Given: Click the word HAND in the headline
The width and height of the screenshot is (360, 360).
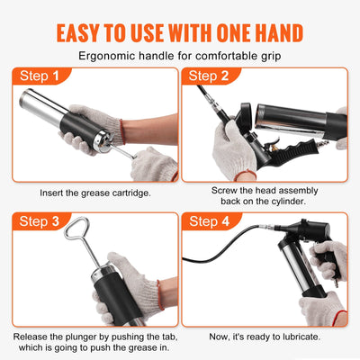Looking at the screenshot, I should coord(274,31).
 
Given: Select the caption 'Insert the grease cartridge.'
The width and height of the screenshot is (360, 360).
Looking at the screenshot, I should coord(94,192).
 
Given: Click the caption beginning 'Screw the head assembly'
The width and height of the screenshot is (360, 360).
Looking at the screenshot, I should coord(265,191).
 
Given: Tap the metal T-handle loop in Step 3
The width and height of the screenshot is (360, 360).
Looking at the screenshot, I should coord(76,237).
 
